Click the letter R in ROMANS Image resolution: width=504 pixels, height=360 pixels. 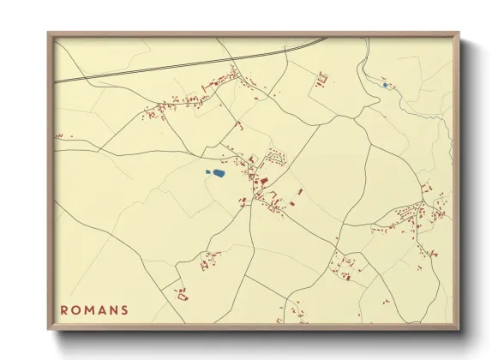[x=64, y=310]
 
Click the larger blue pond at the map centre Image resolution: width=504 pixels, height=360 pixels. [x=219, y=173]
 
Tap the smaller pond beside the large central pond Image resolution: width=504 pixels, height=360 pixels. [x=207, y=171]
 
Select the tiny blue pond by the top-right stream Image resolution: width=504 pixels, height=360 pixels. [x=385, y=84]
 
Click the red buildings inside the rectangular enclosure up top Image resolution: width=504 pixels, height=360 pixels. [x=322, y=81]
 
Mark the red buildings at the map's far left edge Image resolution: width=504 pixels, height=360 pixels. [x=59, y=135]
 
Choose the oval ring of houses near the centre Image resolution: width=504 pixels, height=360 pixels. [x=275, y=157]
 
